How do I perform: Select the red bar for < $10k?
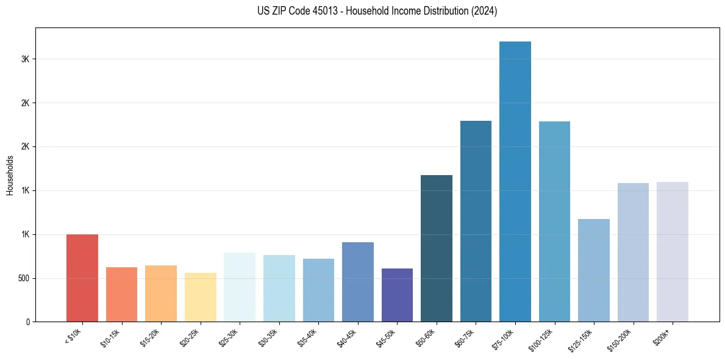coord(82,278)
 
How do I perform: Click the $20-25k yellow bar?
coord(201,297)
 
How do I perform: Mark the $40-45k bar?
coord(358,282)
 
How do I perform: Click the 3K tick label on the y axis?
coord(25,59)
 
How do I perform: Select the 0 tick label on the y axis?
coord(28,322)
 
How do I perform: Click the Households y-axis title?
coord(10,175)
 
